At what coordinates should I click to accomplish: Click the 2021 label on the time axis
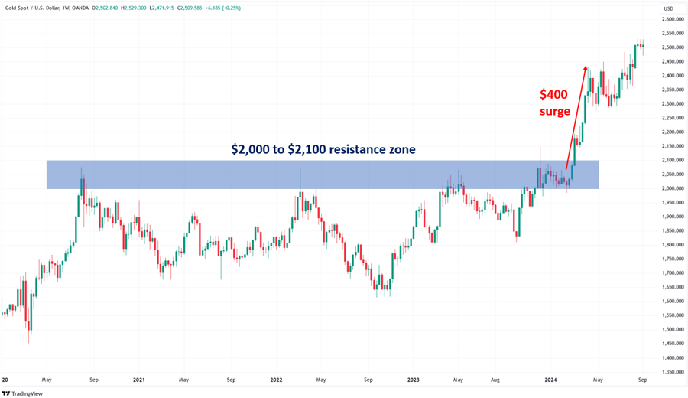(139, 379)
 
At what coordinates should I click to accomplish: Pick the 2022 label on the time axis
(276, 379)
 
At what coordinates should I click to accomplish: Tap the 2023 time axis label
(413, 379)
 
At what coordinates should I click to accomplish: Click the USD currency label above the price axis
(667, 8)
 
